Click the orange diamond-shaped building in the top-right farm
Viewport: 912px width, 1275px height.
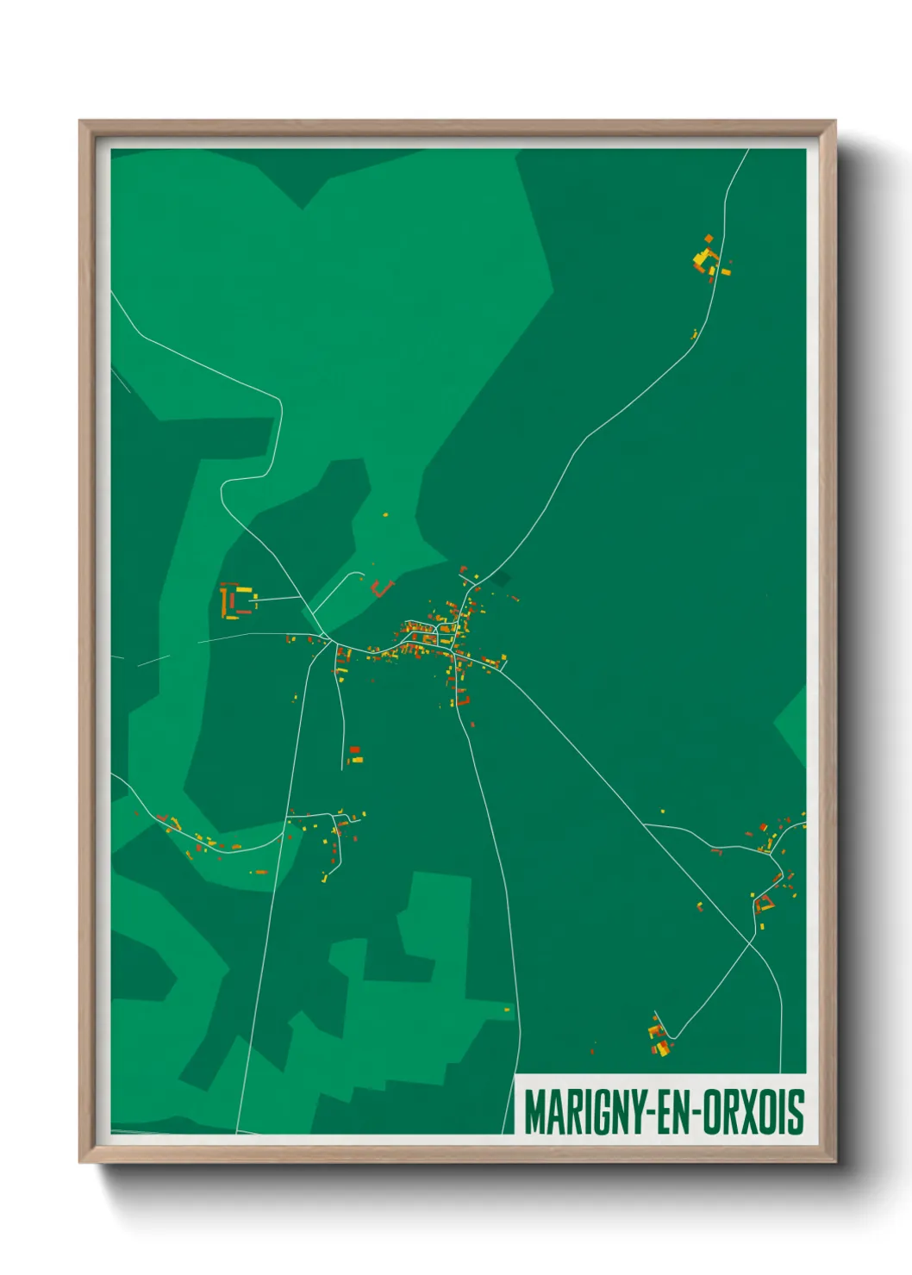tap(709, 239)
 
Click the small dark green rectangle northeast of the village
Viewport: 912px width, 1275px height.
tap(500, 579)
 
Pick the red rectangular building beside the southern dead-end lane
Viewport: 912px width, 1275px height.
tap(354, 750)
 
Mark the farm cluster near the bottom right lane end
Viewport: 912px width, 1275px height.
tap(659, 1038)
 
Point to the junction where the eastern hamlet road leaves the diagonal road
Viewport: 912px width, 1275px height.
tap(645, 824)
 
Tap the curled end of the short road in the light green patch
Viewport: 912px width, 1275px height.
tap(360, 573)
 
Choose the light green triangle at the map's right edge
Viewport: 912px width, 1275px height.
tap(793, 724)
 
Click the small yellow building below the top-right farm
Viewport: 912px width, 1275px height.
tap(694, 333)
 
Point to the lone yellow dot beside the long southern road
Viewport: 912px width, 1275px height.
tap(507, 1010)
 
